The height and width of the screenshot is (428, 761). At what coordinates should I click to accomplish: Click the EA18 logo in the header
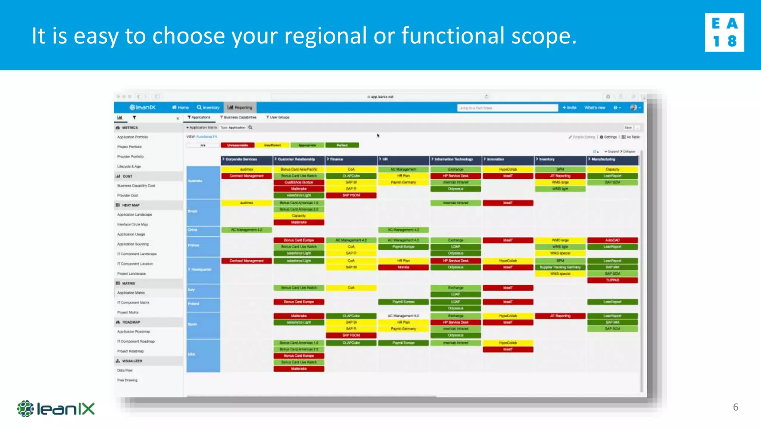tap(724, 32)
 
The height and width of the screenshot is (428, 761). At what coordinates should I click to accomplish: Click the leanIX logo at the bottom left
tap(56, 409)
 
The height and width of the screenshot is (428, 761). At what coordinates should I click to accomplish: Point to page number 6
tap(735, 407)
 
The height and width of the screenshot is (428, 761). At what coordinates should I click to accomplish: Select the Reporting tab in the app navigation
tap(240, 107)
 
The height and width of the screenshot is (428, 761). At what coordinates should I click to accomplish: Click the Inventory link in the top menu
tap(208, 107)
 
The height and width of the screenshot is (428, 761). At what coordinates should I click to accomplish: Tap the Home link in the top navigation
tap(180, 107)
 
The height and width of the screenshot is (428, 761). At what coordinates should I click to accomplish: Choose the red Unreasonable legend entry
tap(237, 145)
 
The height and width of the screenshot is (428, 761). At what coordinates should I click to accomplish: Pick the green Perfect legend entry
tap(342, 145)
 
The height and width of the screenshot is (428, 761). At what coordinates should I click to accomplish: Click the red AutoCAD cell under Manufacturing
tap(612, 240)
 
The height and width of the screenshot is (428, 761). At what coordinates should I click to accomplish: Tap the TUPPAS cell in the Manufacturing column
tap(612, 280)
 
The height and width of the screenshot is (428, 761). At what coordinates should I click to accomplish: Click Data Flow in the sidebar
tap(125, 370)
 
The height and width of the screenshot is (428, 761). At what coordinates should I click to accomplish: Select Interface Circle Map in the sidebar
tap(133, 224)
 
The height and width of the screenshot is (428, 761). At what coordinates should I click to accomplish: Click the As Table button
tap(631, 137)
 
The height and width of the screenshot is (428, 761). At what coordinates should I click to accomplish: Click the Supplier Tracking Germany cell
tap(560, 267)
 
